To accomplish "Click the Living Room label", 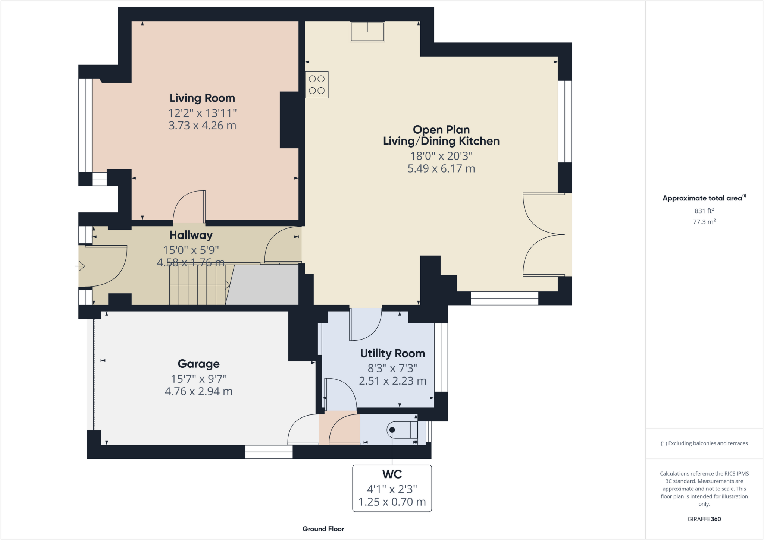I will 202,98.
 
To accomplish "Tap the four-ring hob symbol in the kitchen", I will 316,85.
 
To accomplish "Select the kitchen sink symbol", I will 367,32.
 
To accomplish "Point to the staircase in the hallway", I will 198,285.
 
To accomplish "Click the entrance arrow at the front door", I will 80,266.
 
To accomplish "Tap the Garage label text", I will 198,364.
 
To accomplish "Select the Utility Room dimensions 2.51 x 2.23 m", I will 392,381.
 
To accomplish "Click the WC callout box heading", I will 392,474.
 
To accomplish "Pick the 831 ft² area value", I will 704,211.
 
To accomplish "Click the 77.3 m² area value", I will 704,222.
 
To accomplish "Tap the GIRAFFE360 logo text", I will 704,519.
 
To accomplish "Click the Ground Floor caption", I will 323,529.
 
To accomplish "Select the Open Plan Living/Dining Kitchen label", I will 441,136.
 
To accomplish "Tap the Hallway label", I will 191,235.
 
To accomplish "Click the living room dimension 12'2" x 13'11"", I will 202,113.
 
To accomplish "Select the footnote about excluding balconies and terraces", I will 704,443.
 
